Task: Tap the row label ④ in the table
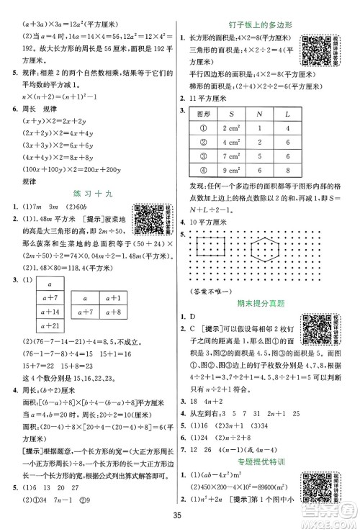click(x=203, y=193)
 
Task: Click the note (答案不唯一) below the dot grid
click(x=210, y=291)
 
